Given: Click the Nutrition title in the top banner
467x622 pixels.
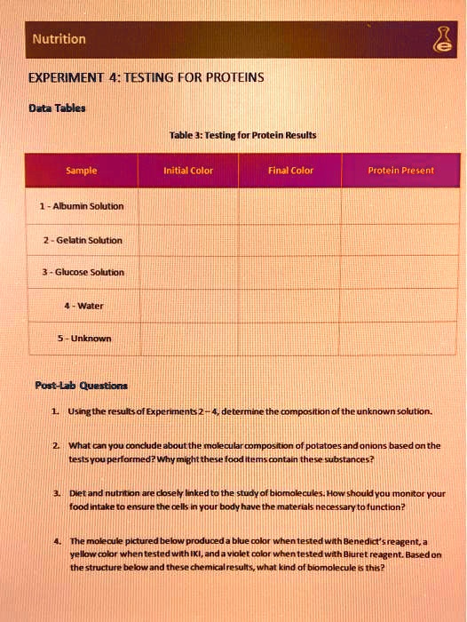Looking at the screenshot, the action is tap(59, 39).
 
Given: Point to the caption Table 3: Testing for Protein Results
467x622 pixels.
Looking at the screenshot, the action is tap(241, 135).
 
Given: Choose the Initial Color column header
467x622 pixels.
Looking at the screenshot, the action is tap(188, 171).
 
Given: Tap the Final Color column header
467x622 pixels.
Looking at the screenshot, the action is tap(290, 171).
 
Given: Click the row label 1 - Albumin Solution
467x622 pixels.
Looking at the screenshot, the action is tap(81, 206).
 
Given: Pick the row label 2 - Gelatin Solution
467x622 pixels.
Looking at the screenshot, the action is tap(81, 240).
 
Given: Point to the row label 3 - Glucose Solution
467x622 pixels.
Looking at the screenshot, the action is tap(81, 272).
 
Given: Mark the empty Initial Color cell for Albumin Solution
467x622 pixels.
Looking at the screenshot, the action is tap(188, 206).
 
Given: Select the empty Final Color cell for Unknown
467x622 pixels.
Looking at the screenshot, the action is tap(290, 339).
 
